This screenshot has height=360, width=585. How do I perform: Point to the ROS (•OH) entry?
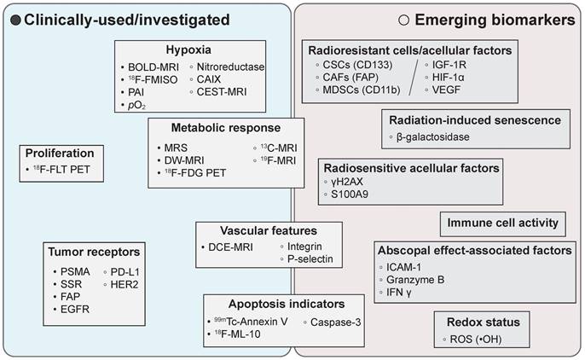click(484, 340)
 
